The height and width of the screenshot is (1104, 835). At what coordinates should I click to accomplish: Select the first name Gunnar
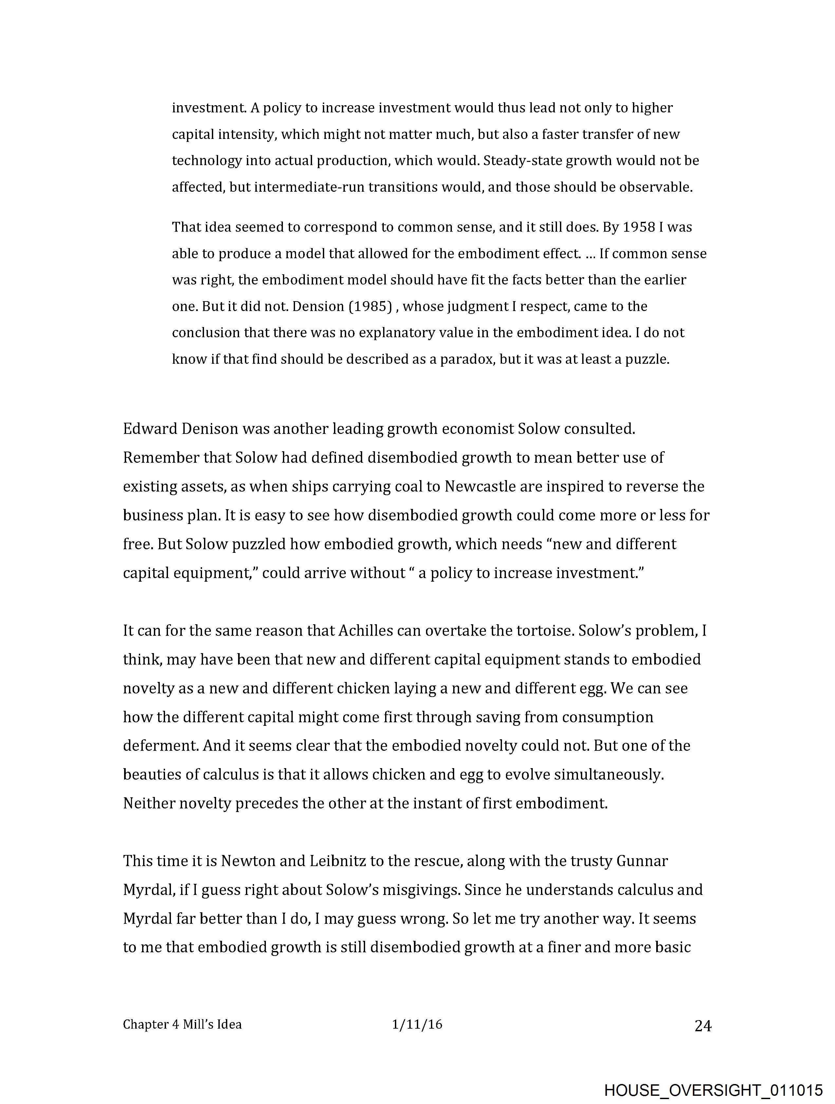[x=642, y=861]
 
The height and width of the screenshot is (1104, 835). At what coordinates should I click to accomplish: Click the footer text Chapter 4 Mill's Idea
[x=182, y=1025]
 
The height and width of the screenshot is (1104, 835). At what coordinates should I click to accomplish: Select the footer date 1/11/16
[x=417, y=1025]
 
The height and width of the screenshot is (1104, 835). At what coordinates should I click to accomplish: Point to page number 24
[x=702, y=1026]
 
